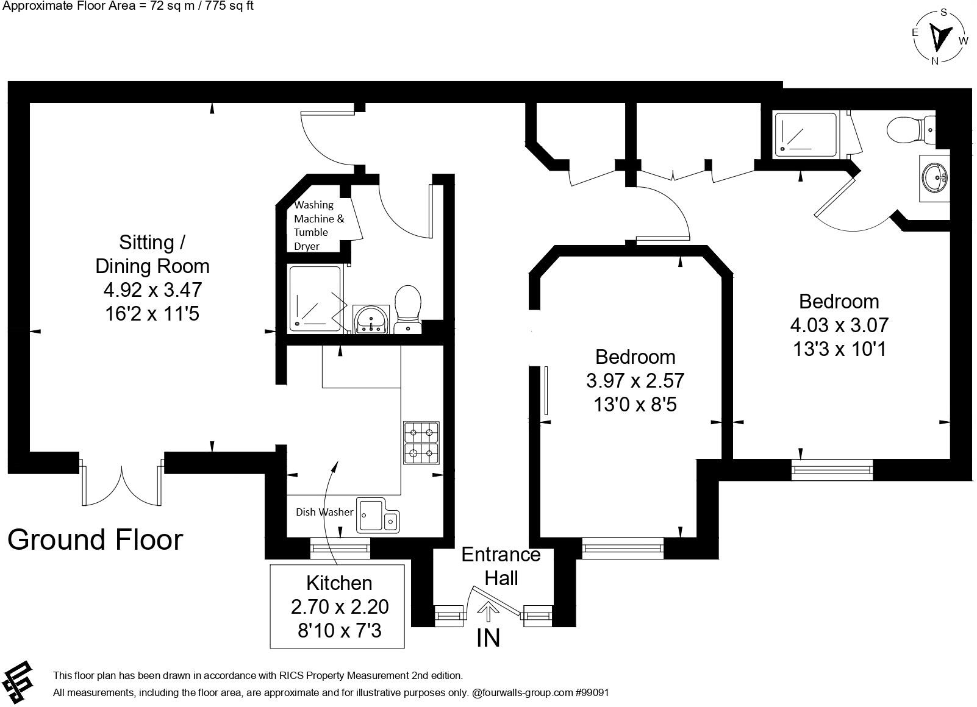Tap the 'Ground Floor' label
[x=95, y=540]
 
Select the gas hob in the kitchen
[x=421, y=443]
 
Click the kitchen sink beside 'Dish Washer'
[x=378, y=515]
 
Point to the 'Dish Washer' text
[x=324, y=512]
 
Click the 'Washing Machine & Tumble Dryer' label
[x=319, y=226]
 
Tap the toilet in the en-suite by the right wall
[x=911, y=129]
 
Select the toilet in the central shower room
[x=407, y=310]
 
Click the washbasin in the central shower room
[x=371, y=319]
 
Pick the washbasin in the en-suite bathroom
[x=934, y=178]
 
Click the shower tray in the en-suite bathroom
[x=805, y=134]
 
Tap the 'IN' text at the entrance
[x=488, y=639]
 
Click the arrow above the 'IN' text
[x=488, y=611]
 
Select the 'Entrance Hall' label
[x=501, y=567]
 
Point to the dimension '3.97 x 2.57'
[x=635, y=381]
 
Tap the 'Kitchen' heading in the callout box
[x=339, y=583]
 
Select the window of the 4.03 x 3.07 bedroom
[x=832, y=470]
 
